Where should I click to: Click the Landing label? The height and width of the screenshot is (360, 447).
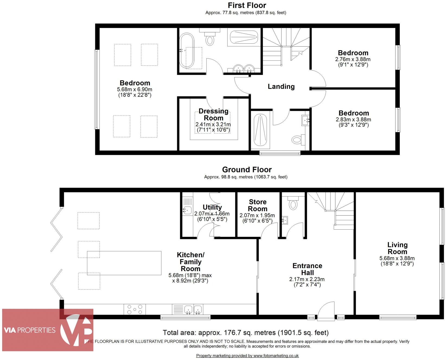(x=281, y=86)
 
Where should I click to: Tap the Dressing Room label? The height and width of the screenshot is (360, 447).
(x=213, y=114)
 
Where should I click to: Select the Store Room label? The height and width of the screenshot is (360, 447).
(x=258, y=205)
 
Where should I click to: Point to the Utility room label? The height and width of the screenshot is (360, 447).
(x=212, y=207)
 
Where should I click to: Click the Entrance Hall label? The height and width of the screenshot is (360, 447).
(x=307, y=269)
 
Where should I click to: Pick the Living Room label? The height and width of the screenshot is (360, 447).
(x=397, y=248)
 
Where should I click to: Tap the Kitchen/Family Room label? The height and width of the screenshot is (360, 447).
(x=190, y=262)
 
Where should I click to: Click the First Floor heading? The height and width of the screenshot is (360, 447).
(x=247, y=5)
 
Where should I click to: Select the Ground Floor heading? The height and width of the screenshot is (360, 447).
(x=247, y=170)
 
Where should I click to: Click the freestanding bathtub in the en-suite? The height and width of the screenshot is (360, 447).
(x=187, y=50)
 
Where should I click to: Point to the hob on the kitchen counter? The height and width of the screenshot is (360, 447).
(x=135, y=309)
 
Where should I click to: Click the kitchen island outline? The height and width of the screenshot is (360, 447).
(x=124, y=263)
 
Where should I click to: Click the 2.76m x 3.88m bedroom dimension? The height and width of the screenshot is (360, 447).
(x=353, y=59)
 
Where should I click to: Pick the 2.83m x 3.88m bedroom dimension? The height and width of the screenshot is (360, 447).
(x=353, y=120)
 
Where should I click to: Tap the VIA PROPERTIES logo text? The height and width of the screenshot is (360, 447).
(x=30, y=330)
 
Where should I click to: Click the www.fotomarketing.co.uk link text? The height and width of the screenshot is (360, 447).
(x=276, y=356)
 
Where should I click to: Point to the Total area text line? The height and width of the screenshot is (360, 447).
(x=245, y=333)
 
